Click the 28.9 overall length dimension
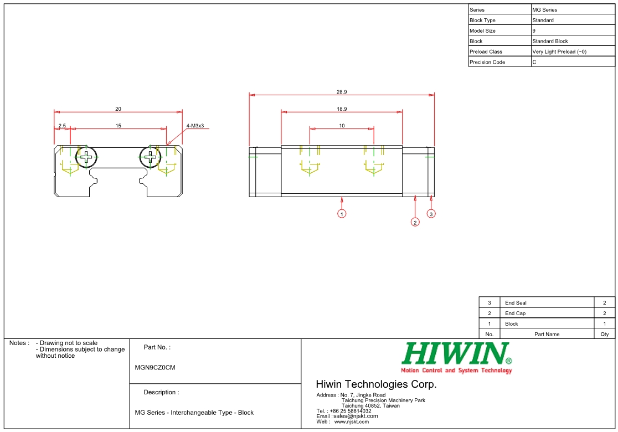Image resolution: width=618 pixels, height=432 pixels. [x=342, y=92]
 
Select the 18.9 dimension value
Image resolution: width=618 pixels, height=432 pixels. [x=342, y=109]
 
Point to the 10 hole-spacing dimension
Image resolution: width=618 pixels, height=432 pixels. [x=342, y=126]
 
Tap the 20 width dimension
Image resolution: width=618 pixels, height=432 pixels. [x=118, y=109]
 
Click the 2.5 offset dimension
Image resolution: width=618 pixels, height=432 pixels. [x=62, y=126]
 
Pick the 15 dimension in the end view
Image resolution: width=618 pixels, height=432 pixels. [x=118, y=126]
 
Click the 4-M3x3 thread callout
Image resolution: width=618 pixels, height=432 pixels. [x=195, y=126]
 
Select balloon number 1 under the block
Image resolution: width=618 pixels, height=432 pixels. [x=342, y=214]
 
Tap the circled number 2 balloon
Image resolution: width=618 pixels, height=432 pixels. [x=415, y=222]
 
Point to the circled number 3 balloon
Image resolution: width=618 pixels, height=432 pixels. [x=431, y=214]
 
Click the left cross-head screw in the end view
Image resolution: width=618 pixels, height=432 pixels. [x=86, y=157]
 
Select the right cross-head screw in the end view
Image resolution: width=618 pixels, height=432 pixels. [x=150, y=157]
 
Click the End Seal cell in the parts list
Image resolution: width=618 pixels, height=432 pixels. [x=516, y=303]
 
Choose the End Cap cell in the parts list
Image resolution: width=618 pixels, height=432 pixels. [x=515, y=313]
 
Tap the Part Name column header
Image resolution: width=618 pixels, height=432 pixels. [x=547, y=334]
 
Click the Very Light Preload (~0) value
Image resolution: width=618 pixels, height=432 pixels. [x=559, y=52]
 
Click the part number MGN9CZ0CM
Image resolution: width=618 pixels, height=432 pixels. [x=155, y=367]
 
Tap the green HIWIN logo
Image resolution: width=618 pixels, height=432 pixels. [x=456, y=354]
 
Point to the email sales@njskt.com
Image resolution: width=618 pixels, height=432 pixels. [x=355, y=416]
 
